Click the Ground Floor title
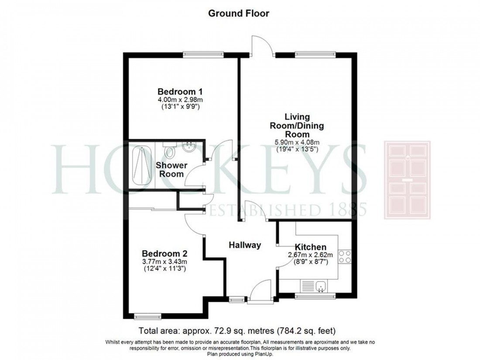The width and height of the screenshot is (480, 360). pyautogui.click(x=238, y=14)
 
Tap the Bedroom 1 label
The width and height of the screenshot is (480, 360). pyautogui.click(x=180, y=92)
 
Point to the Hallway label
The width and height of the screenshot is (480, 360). pyautogui.click(x=245, y=245)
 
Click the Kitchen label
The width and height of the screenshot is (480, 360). pyautogui.click(x=310, y=247)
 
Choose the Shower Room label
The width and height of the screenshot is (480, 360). pyautogui.click(x=172, y=169)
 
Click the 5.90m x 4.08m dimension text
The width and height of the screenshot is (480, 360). pyautogui.click(x=297, y=142)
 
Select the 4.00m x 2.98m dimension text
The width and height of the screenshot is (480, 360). pyautogui.click(x=180, y=99)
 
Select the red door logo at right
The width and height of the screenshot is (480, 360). pyautogui.click(x=407, y=180)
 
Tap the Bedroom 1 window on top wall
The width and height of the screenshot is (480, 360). pyautogui.click(x=203, y=55)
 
